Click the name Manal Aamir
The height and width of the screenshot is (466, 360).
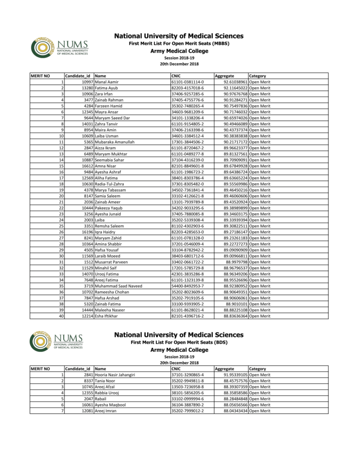[107, 82]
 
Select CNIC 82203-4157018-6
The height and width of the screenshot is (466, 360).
[188, 88]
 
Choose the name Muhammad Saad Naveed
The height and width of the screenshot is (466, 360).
[118, 286]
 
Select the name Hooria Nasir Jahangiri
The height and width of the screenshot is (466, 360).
[115, 375]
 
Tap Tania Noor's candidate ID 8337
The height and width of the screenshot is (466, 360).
[88, 381]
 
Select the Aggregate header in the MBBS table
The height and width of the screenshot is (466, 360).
[224, 76]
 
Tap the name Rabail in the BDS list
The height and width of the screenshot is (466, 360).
[101, 399]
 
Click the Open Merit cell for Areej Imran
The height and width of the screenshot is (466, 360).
[260, 411]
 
